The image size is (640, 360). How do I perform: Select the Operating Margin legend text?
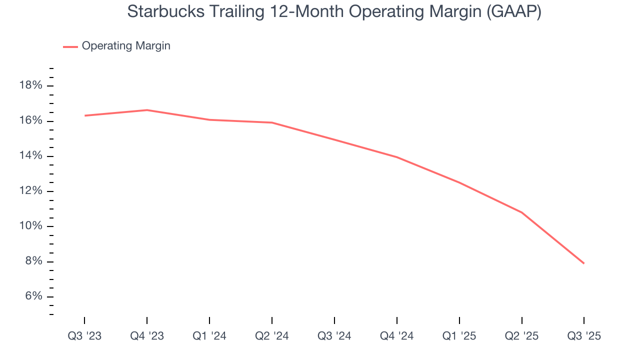click(x=126, y=46)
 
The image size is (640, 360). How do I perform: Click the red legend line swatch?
click(x=70, y=46)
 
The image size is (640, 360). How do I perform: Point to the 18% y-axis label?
click(x=30, y=85)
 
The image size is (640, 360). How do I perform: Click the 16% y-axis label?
click(x=30, y=121)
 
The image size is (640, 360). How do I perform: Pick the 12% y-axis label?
click(x=30, y=191)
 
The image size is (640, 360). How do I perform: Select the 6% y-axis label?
click(x=33, y=296)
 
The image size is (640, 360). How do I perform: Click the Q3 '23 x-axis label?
click(x=84, y=336)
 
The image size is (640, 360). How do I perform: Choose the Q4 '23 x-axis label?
click(x=147, y=336)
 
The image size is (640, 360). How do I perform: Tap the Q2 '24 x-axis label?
click(x=272, y=336)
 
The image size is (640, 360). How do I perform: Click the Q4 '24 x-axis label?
click(x=397, y=336)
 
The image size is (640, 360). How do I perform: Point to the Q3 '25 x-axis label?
click(x=584, y=336)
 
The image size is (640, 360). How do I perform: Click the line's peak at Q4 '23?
click(x=147, y=110)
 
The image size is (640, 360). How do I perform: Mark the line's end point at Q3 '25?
click(x=583, y=263)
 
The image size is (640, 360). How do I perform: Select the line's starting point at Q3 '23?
click(x=85, y=115)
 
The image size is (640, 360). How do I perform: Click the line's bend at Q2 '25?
click(x=522, y=212)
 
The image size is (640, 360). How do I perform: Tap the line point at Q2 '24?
click(x=272, y=122)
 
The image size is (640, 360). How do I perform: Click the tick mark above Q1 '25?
click(x=459, y=320)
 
